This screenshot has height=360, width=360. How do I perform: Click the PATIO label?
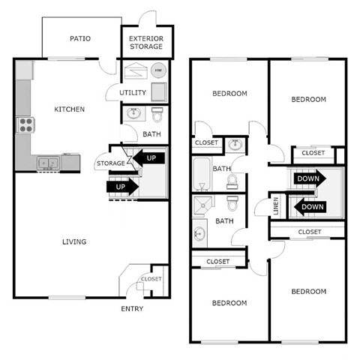[80, 39]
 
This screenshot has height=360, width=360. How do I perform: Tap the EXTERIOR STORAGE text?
[146, 42]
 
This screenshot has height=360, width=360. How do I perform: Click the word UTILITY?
[133, 93]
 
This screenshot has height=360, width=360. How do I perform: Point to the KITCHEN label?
[69, 109]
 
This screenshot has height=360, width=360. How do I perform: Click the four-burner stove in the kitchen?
[25, 124]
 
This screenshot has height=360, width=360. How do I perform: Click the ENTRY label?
[132, 308]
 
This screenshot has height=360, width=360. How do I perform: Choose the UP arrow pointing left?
[150, 159]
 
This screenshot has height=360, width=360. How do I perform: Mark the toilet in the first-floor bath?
[157, 115]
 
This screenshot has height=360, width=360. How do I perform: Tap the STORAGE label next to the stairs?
[110, 163]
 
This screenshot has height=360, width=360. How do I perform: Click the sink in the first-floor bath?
[134, 114]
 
